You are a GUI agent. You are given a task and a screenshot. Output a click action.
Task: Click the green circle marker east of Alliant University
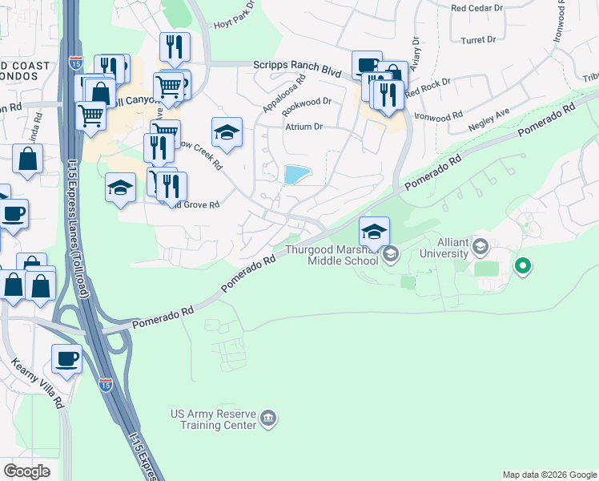click(x=523, y=264)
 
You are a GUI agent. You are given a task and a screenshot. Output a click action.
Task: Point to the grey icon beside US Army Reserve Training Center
click(x=268, y=418)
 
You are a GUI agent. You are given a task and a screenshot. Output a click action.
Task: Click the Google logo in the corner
click(x=27, y=471)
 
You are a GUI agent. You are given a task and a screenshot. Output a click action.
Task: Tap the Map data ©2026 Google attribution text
click(x=549, y=475)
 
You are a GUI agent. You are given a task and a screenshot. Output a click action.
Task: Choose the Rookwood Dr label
click(x=308, y=102)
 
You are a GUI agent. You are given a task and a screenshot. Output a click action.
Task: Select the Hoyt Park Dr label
click(x=233, y=18)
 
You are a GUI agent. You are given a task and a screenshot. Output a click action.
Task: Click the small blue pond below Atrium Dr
click(x=296, y=174)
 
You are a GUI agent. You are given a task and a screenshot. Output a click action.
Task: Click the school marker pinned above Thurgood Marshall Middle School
click(x=374, y=232)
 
